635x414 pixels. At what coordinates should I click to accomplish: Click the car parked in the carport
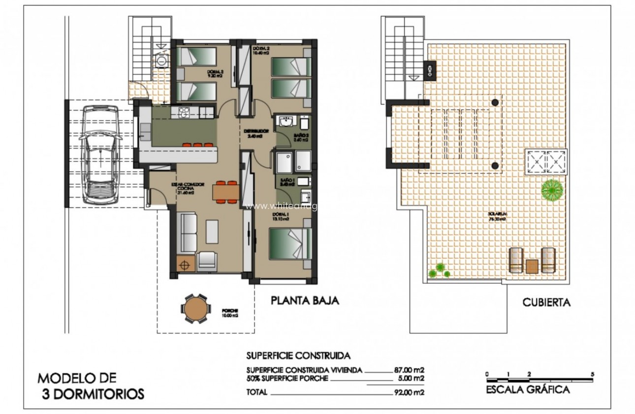click(x=100, y=155)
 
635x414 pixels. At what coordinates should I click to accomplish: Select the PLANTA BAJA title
click(x=305, y=301)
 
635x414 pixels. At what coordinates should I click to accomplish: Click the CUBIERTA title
click(x=546, y=303)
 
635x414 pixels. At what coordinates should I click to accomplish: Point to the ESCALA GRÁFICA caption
click(x=528, y=390)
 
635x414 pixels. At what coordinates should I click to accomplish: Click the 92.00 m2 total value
click(x=407, y=392)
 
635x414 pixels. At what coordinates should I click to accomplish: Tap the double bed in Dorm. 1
click(x=290, y=242)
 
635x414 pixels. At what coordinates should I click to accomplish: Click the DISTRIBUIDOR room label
click(x=256, y=131)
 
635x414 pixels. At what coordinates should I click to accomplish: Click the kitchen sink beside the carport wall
click(x=145, y=131)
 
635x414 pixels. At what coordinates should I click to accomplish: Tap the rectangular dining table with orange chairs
click(x=226, y=192)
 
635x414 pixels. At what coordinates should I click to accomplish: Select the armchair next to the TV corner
click(x=207, y=260)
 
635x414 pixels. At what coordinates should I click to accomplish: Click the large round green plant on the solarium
click(x=553, y=189)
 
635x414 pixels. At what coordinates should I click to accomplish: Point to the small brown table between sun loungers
click(x=532, y=266)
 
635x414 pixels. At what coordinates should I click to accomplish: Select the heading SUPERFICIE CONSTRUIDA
click(x=298, y=355)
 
